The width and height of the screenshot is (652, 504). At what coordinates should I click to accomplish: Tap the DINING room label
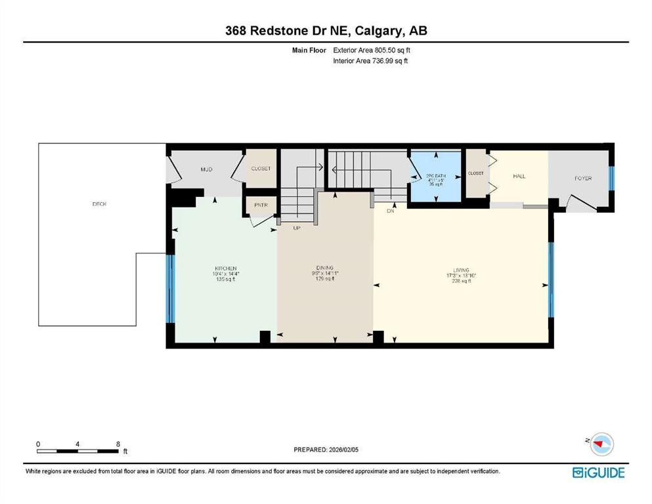tap(325, 268)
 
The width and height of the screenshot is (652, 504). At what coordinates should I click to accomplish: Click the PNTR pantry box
tap(259, 205)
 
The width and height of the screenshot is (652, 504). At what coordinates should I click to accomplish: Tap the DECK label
tap(99, 204)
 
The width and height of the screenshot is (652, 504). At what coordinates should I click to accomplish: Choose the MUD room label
tap(206, 169)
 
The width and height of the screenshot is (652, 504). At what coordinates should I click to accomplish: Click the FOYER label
tap(583, 178)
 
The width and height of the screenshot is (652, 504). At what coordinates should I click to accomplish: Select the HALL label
tap(519, 176)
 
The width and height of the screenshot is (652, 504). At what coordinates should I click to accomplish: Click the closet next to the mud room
tap(261, 169)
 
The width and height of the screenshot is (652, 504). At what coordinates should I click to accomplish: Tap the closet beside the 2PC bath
tap(475, 173)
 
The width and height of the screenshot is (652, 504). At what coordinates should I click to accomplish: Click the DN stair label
tap(389, 212)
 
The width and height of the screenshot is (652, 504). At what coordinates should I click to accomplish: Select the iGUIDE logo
tap(598, 472)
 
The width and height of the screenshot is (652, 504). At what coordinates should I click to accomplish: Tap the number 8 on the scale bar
tap(117, 444)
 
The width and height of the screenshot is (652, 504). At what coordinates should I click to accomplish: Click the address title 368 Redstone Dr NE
tap(326, 31)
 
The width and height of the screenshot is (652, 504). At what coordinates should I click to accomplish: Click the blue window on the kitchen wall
tap(170, 289)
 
